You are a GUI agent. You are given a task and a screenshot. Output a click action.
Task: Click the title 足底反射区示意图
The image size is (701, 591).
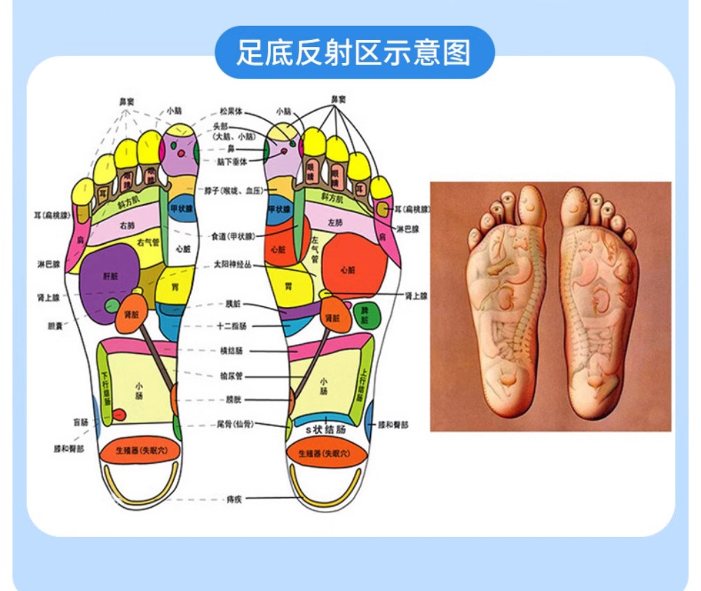pyautogui.click(x=354, y=53)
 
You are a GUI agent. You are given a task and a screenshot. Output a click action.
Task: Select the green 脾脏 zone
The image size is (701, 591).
pyautogui.click(x=365, y=315)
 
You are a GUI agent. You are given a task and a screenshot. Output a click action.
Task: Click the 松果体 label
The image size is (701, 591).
pyautogui.click(x=231, y=111)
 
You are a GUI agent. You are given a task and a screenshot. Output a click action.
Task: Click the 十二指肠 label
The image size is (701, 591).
pyautogui.click(x=231, y=327)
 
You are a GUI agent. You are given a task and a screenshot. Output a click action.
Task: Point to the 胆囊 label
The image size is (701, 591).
pyautogui.click(x=54, y=325)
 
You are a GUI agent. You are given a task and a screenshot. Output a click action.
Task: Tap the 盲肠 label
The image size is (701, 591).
pyautogui.click(x=81, y=423)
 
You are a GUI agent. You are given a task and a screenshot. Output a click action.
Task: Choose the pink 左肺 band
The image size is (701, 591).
pyautogui.click(x=335, y=222)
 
